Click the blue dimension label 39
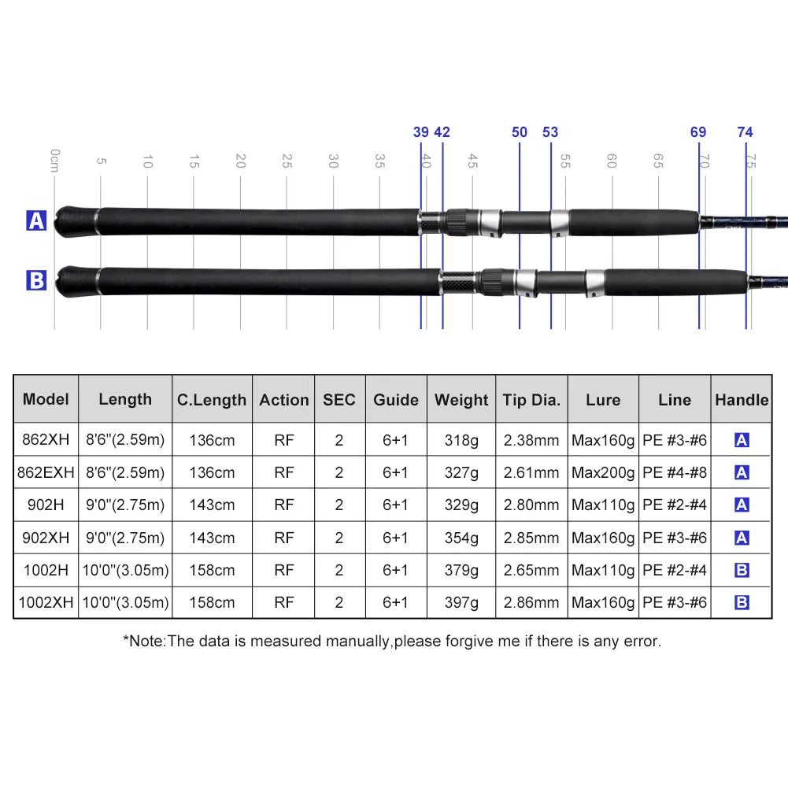(421, 132)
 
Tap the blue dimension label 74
(745, 132)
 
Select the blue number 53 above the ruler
(550, 132)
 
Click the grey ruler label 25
(287, 161)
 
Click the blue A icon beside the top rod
(37, 220)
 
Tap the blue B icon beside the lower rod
(37, 279)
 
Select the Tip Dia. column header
(531, 400)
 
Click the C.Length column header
(211, 400)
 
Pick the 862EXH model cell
(46, 472)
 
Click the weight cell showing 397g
(461, 602)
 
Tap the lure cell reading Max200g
(603, 472)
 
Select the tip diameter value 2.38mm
(531, 440)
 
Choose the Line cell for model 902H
(675, 505)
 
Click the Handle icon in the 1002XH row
(742, 603)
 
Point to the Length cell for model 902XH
(125, 538)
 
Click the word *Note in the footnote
(143, 641)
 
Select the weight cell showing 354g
(461, 538)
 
